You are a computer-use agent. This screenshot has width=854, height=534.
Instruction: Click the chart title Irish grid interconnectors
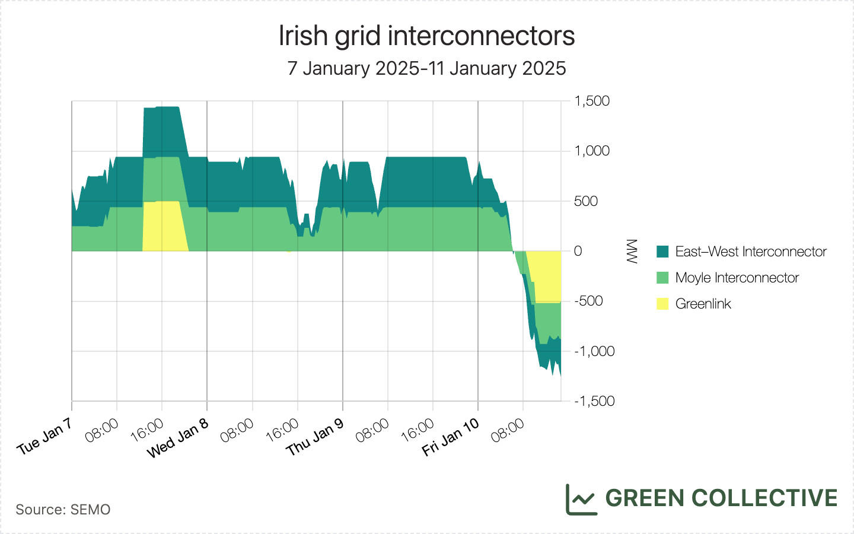[x=426, y=36]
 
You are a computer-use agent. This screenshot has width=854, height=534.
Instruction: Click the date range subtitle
[x=426, y=68]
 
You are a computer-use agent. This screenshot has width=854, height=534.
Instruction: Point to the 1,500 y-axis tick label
[x=592, y=101]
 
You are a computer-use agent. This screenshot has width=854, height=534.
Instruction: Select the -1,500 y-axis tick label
[x=594, y=401]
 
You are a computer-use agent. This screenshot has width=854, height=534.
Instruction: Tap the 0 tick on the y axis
[x=578, y=251]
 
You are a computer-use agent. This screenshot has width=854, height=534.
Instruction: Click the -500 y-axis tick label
[x=589, y=301]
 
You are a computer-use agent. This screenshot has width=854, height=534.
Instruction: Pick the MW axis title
[x=632, y=251]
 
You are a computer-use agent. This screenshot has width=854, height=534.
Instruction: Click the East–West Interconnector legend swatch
[x=662, y=252]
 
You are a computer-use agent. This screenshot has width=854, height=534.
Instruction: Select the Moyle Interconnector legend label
[x=737, y=278]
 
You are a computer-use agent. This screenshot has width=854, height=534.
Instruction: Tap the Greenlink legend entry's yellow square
[x=662, y=304]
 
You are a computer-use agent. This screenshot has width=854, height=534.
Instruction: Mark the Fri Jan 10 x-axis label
[x=450, y=437]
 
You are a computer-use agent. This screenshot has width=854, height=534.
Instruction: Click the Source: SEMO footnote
[x=63, y=510]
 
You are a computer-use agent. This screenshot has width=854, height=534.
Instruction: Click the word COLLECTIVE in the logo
[x=764, y=498]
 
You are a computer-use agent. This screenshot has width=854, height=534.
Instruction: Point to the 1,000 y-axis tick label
[x=592, y=151]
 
